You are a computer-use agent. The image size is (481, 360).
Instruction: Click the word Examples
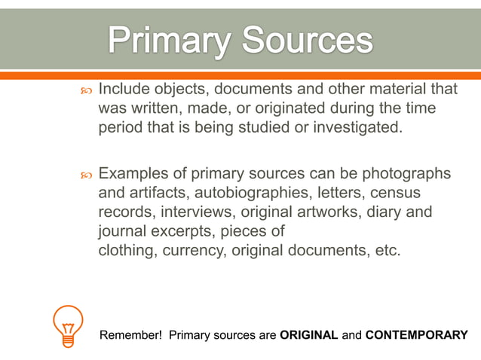tap(134, 174)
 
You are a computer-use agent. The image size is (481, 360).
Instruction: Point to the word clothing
tap(128, 251)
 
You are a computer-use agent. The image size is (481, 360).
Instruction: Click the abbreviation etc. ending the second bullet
tap(387, 251)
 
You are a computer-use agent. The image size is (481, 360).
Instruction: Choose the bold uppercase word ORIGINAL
tap(308, 334)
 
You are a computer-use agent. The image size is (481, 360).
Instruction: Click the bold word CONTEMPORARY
tap(416, 334)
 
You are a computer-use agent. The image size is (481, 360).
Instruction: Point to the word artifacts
tap(153, 194)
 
